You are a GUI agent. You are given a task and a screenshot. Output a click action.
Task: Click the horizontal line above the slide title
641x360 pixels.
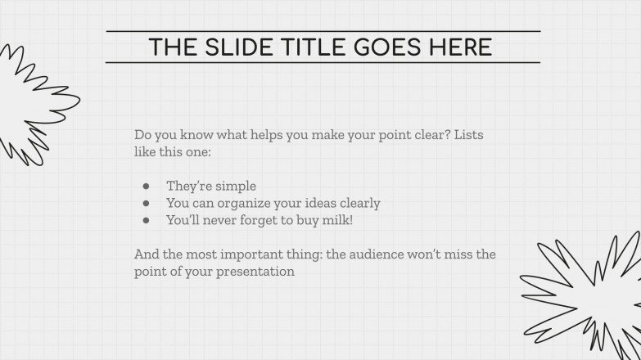point(323,31)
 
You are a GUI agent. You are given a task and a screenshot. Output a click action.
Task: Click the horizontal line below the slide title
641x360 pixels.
point(323,63)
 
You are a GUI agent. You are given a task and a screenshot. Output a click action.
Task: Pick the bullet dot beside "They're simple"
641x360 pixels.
point(146,187)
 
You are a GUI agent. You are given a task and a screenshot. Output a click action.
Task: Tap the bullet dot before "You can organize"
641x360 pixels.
point(146,203)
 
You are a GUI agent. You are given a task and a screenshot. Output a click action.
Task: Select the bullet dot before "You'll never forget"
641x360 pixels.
point(146,220)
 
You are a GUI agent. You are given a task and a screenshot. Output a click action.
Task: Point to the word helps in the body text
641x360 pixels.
point(252,134)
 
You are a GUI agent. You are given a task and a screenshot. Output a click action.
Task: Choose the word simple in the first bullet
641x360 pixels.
point(237,186)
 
